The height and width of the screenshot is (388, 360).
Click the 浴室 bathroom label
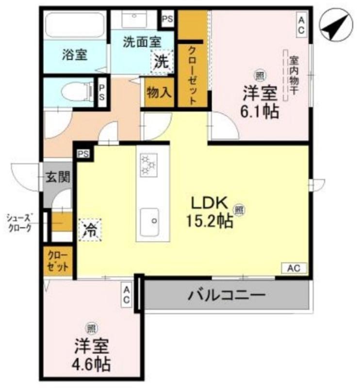tap(74, 54)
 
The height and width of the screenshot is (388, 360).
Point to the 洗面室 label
tap(141, 42)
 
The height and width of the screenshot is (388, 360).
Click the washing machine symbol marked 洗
tap(161, 61)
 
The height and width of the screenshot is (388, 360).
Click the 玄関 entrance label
tap(58, 177)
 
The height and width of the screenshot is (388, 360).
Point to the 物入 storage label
tap(159, 92)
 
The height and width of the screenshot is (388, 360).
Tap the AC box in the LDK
tap(294, 268)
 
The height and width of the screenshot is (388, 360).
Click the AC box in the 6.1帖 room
tap(301, 24)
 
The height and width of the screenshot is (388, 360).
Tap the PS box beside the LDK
tap(83, 154)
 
